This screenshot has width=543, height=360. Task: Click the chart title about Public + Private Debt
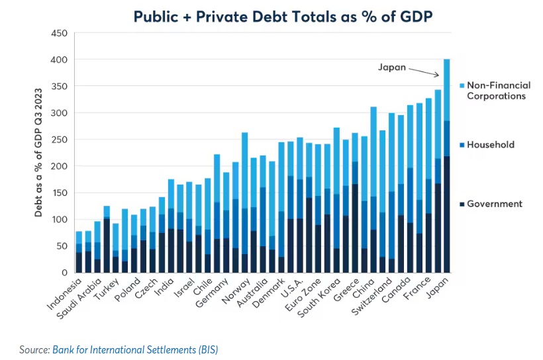283,16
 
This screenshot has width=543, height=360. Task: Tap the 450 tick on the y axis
59,33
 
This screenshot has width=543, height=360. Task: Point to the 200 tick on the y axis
59,166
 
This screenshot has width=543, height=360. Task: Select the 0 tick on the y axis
64,273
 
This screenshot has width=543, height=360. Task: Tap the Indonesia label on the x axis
64,295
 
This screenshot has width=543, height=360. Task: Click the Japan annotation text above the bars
391,67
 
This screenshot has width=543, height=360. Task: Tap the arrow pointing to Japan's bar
424,71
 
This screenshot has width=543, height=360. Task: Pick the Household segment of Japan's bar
447,138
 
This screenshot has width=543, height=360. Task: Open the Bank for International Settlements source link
135,349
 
